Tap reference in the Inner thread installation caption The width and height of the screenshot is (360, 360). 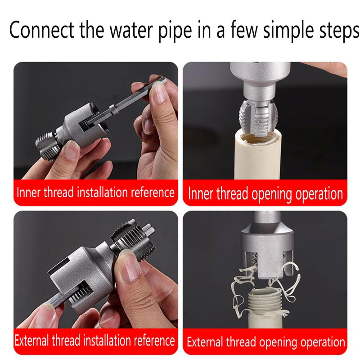pos(152,192)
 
